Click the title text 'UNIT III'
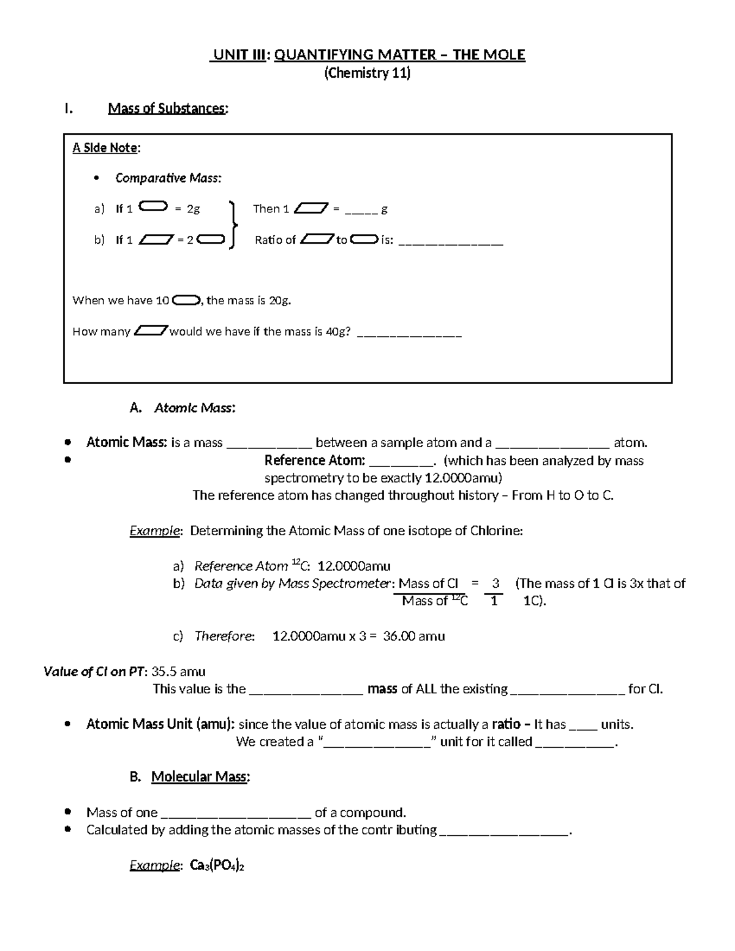click(x=238, y=55)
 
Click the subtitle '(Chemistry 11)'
click(x=367, y=73)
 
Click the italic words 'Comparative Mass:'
click(x=168, y=178)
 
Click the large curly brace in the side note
click(x=232, y=225)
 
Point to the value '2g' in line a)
click(x=193, y=209)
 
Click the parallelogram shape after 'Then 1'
click(x=311, y=209)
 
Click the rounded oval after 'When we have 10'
click(x=186, y=301)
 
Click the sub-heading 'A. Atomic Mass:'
click(x=183, y=408)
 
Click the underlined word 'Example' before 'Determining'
click(x=154, y=531)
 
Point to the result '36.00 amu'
click(x=414, y=636)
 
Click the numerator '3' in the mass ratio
click(x=496, y=584)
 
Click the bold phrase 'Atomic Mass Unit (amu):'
click(x=160, y=724)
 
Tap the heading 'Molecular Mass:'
click(x=200, y=777)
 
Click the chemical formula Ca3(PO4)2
click(x=217, y=865)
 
